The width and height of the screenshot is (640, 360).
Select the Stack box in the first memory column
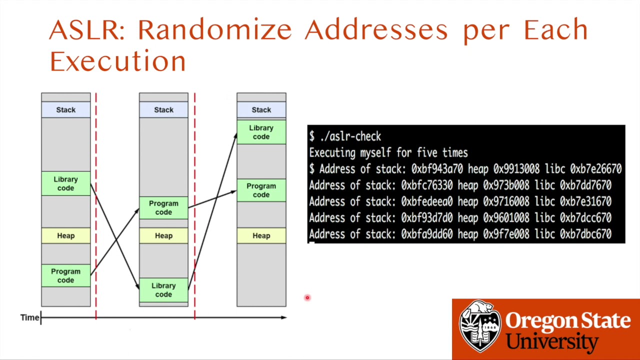[x=66, y=110]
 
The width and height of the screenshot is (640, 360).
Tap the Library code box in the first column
[x=66, y=183]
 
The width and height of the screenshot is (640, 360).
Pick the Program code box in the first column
[x=66, y=275]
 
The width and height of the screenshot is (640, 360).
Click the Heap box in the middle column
[x=163, y=235]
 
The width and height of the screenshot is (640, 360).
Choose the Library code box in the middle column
[x=163, y=290]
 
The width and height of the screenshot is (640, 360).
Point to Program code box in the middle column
[x=163, y=207]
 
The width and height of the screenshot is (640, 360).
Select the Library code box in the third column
[x=261, y=132]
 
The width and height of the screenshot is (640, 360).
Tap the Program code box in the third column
[x=261, y=190]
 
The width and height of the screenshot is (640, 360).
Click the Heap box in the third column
[x=261, y=235]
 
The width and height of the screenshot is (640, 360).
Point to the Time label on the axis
[x=29, y=317]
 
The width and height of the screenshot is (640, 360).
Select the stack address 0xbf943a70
[x=436, y=169]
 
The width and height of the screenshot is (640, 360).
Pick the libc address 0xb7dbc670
[x=585, y=234]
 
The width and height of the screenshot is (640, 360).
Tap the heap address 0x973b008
[x=506, y=185]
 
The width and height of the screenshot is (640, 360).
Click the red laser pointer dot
[x=307, y=298]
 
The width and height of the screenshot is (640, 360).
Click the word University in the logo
[x=552, y=341]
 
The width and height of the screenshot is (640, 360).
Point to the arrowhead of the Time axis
[x=284, y=317]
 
